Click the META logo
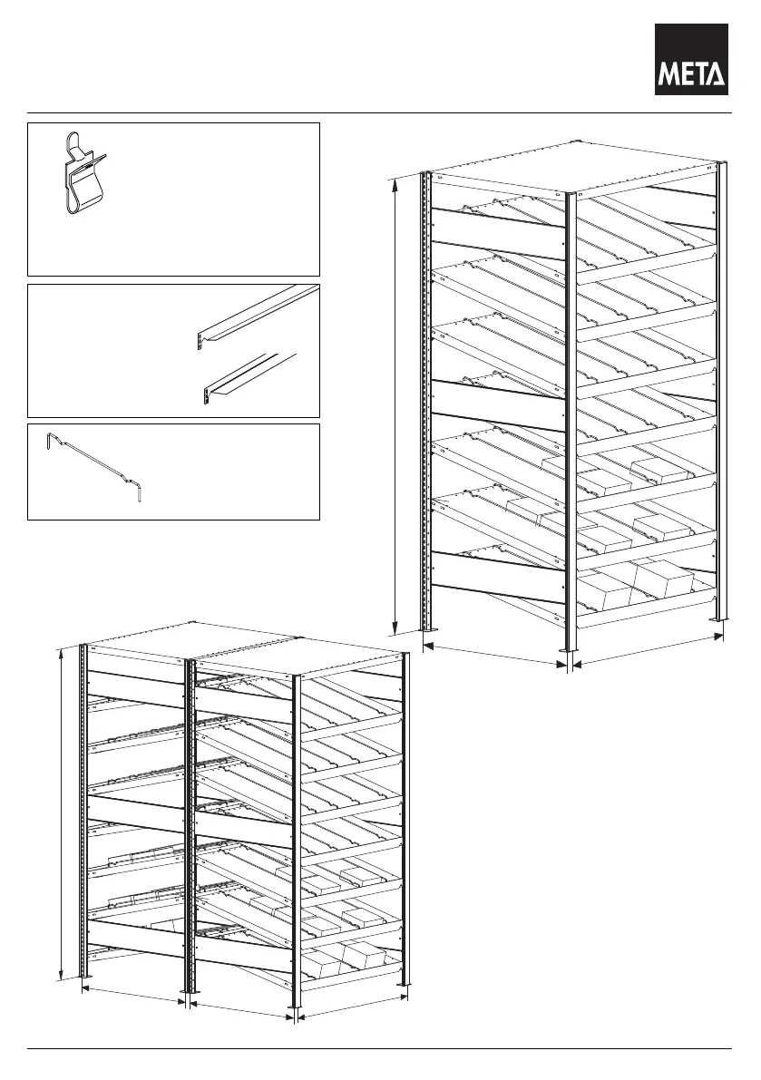click(x=691, y=59)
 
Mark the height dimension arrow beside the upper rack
click(x=396, y=405)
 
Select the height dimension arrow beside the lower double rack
click(x=62, y=812)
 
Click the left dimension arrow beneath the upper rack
click(x=494, y=656)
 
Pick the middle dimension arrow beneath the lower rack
click(x=241, y=1010)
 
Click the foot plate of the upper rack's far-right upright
click(x=720, y=620)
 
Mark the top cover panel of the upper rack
click(x=571, y=164)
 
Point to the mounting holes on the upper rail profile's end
click(x=200, y=341)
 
